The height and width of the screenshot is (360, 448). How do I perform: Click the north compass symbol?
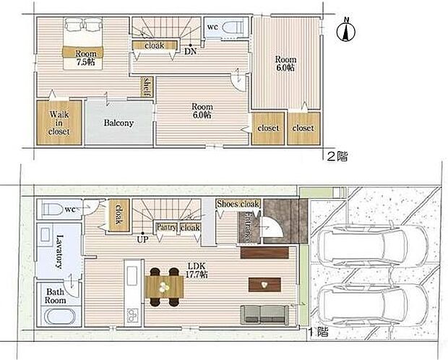tap(346, 30)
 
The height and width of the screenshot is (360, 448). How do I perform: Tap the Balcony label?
tap(119, 123)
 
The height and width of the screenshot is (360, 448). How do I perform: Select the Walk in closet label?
tap(59, 123)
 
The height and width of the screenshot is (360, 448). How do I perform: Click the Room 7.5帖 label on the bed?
tap(85, 58)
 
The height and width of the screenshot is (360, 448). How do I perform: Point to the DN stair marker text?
tap(190, 52)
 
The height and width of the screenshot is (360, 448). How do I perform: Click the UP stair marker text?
tap(142, 239)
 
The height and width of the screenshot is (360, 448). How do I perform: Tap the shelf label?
tap(147, 86)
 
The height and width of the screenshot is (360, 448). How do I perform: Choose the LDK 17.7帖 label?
tap(197, 270)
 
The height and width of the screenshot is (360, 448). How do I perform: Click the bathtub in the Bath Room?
tap(60, 317)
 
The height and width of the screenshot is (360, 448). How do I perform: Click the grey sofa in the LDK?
tap(265, 315)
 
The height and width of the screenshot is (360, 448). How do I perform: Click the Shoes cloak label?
tap(238, 204)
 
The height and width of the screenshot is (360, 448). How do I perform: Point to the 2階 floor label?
tap(337, 156)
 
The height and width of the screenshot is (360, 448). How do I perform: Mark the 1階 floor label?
tap(318, 333)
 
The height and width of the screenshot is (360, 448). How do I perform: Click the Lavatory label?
tap(59, 252)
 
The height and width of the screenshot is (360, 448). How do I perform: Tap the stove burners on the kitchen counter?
tap(132, 314)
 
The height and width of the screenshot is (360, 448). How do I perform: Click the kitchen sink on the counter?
tap(132, 275)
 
